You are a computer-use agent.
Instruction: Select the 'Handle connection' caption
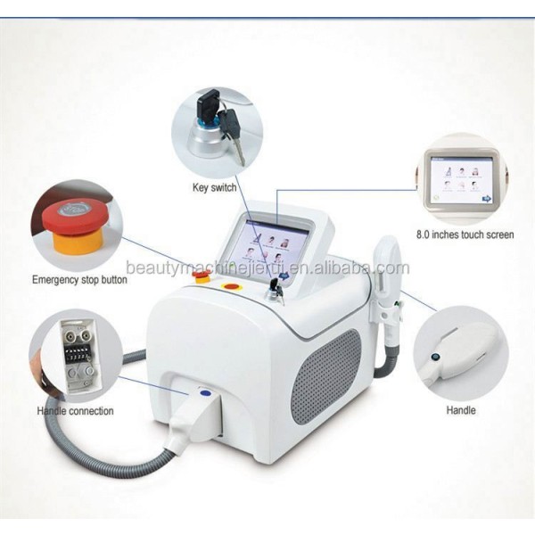point(75,411)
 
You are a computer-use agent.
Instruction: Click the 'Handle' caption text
point(460,411)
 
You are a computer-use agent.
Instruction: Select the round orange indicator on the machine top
point(234,287)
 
